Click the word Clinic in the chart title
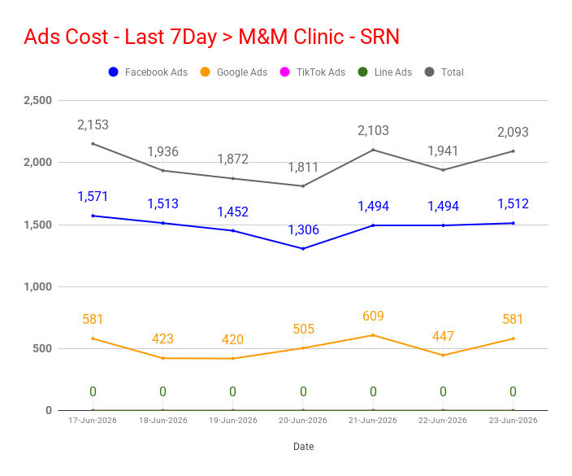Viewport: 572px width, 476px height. click(318, 37)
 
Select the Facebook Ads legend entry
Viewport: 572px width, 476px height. click(148, 72)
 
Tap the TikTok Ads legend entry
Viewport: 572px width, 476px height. click(312, 72)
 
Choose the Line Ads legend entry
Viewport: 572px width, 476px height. click(384, 72)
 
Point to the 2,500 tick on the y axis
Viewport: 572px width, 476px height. click(38, 100)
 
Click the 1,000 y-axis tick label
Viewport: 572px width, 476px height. click(38, 286)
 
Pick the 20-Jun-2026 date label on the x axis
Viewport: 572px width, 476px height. click(303, 421)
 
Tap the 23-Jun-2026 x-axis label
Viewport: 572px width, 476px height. click(513, 421)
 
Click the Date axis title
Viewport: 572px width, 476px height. click(304, 447)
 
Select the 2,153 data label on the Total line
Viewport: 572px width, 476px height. click(93, 125)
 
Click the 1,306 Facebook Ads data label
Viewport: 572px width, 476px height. click(303, 229)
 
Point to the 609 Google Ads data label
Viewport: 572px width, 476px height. click(373, 316)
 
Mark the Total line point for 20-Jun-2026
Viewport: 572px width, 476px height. click(303, 186)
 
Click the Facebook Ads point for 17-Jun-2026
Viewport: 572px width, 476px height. click(93, 216)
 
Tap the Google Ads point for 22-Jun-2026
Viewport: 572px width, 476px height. click(444, 355)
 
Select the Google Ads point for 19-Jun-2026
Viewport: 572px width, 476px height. click(233, 358)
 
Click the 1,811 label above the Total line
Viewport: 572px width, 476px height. click(303, 168)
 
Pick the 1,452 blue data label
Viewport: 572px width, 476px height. click(232, 212)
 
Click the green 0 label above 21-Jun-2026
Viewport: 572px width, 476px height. click(373, 391)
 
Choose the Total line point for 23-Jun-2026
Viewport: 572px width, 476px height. click(513, 151)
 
